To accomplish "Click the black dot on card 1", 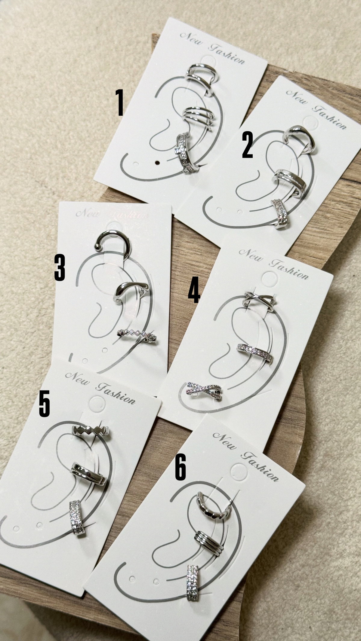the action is pos(157,163).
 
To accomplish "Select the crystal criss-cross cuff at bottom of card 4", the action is pos(204,391).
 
